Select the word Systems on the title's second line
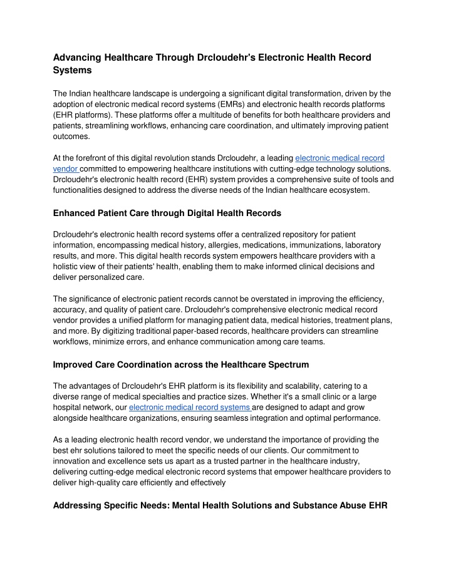point(73,71)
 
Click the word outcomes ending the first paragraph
point(71,136)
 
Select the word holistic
point(66,267)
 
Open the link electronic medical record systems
point(190,407)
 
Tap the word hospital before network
point(68,407)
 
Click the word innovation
point(74,462)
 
